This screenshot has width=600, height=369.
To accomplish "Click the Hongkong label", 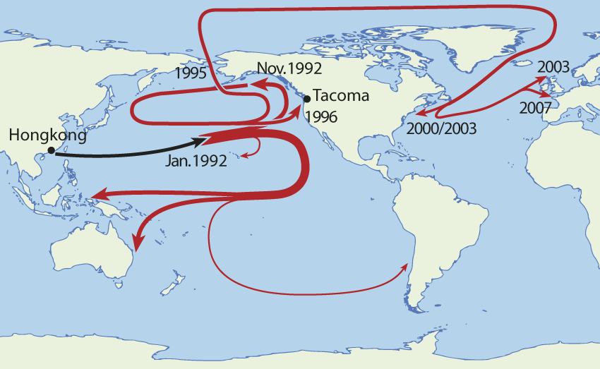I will click(x=49, y=135).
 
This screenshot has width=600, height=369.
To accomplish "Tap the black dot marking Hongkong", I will click(x=51, y=150).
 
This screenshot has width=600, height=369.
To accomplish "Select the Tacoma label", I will click(x=340, y=96).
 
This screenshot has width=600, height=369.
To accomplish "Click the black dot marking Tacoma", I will click(x=306, y=99).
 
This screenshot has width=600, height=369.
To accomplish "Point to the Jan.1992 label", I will click(x=196, y=161).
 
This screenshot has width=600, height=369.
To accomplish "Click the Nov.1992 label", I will click(x=289, y=68).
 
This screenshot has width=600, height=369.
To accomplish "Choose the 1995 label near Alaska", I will click(x=192, y=73).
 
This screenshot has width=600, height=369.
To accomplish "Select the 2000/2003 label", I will click(x=442, y=128).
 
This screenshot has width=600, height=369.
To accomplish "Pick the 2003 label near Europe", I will click(x=553, y=68).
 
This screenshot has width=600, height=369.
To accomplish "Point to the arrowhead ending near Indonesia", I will click(x=95, y=195).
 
